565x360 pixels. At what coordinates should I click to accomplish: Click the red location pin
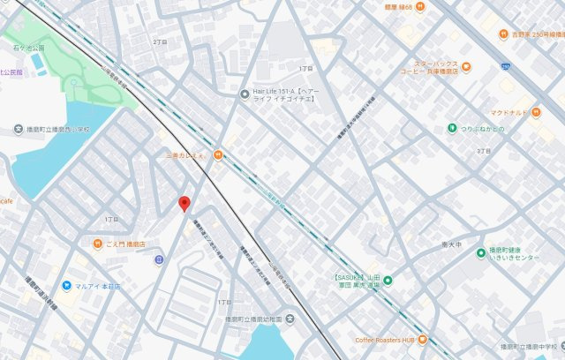pos(184,204)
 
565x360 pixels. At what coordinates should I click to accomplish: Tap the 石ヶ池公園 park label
pos(26,48)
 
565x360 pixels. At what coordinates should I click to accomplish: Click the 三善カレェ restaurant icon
pos(217,156)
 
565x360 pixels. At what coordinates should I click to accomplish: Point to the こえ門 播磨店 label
pos(124,244)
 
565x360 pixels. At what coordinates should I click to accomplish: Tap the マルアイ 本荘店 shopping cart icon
pos(66,286)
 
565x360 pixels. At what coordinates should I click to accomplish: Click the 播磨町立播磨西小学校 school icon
pos(19,130)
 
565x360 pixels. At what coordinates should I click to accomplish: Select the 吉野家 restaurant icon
pos(504,34)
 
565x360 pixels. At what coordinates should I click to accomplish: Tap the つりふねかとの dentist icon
pos(451,129)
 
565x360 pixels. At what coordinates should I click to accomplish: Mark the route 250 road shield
pos(505,66)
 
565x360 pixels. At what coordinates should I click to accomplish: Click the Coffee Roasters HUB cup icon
pos(423,339)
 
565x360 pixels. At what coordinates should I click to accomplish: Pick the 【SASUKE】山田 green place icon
pos(387,281)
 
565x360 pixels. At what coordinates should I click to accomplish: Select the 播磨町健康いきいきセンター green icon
pos(481,252)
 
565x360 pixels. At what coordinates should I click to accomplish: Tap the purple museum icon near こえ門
pos(158,259)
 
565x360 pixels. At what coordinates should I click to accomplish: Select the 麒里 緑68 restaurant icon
pos(420,6)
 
